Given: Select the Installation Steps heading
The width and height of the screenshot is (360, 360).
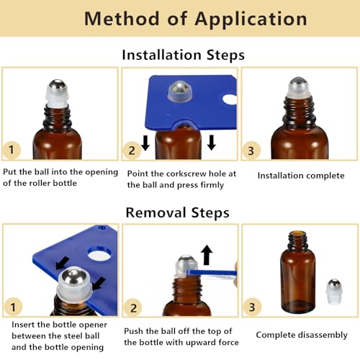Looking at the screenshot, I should [183, 55].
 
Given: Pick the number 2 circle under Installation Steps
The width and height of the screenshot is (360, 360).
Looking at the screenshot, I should [131, 150].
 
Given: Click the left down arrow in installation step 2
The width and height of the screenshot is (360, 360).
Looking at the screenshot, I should [145, 143].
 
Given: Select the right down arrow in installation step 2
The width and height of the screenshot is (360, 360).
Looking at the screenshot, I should [212, 143].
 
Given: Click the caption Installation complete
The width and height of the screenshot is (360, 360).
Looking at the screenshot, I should [300, 175].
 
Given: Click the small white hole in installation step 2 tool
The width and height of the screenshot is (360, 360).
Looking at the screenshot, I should [229, 99].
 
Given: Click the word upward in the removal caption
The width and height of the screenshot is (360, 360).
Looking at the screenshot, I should [193, 342].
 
